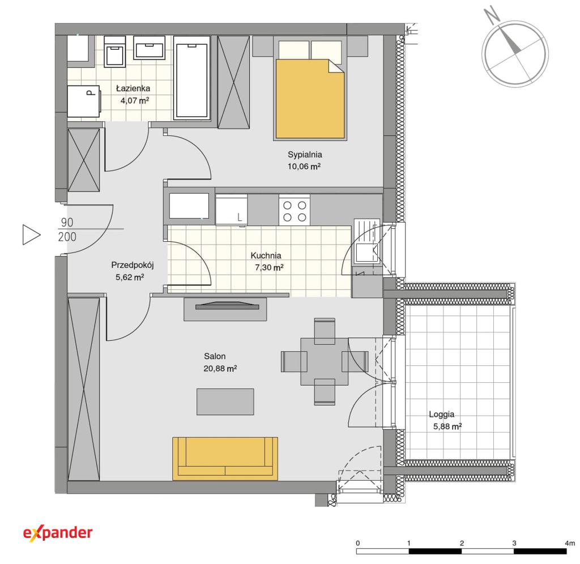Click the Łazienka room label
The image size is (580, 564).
pos(133,88)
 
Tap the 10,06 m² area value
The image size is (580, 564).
pos(304,166)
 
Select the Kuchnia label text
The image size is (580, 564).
pos(266,255)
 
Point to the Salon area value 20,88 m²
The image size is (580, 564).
pos(220,369)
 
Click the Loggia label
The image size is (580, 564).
pos(442,415)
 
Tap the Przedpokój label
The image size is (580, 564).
pos(133,265)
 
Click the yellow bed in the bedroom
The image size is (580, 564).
pos(310,99)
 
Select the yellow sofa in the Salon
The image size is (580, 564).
pos(225,459)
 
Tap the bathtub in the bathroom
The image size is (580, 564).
pos(191,78)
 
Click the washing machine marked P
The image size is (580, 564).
pos(84,101)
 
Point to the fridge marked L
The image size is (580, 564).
pos(232,210)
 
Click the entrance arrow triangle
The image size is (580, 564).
pos(31,234)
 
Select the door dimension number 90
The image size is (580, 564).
pos(67,223)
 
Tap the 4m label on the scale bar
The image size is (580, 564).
pos(570,543)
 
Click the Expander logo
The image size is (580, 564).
pos(58,533)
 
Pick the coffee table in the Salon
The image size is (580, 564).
pos(225,401)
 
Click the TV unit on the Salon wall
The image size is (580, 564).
pos(225,309)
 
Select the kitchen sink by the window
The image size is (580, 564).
pos(366,241)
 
